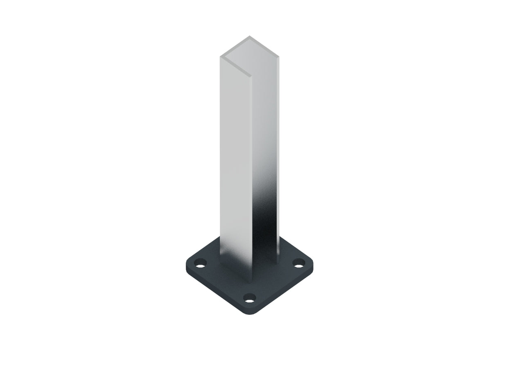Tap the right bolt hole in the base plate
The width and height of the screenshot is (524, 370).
(300, 262)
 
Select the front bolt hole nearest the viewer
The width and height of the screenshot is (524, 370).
(250, 298)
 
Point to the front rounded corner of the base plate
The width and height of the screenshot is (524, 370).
(250, 313)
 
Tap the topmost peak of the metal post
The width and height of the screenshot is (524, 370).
(249, 36)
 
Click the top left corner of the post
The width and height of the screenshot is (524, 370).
(221, 56)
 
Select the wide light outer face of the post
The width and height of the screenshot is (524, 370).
(235, 156)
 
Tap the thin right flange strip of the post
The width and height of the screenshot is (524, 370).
(278, 156)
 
